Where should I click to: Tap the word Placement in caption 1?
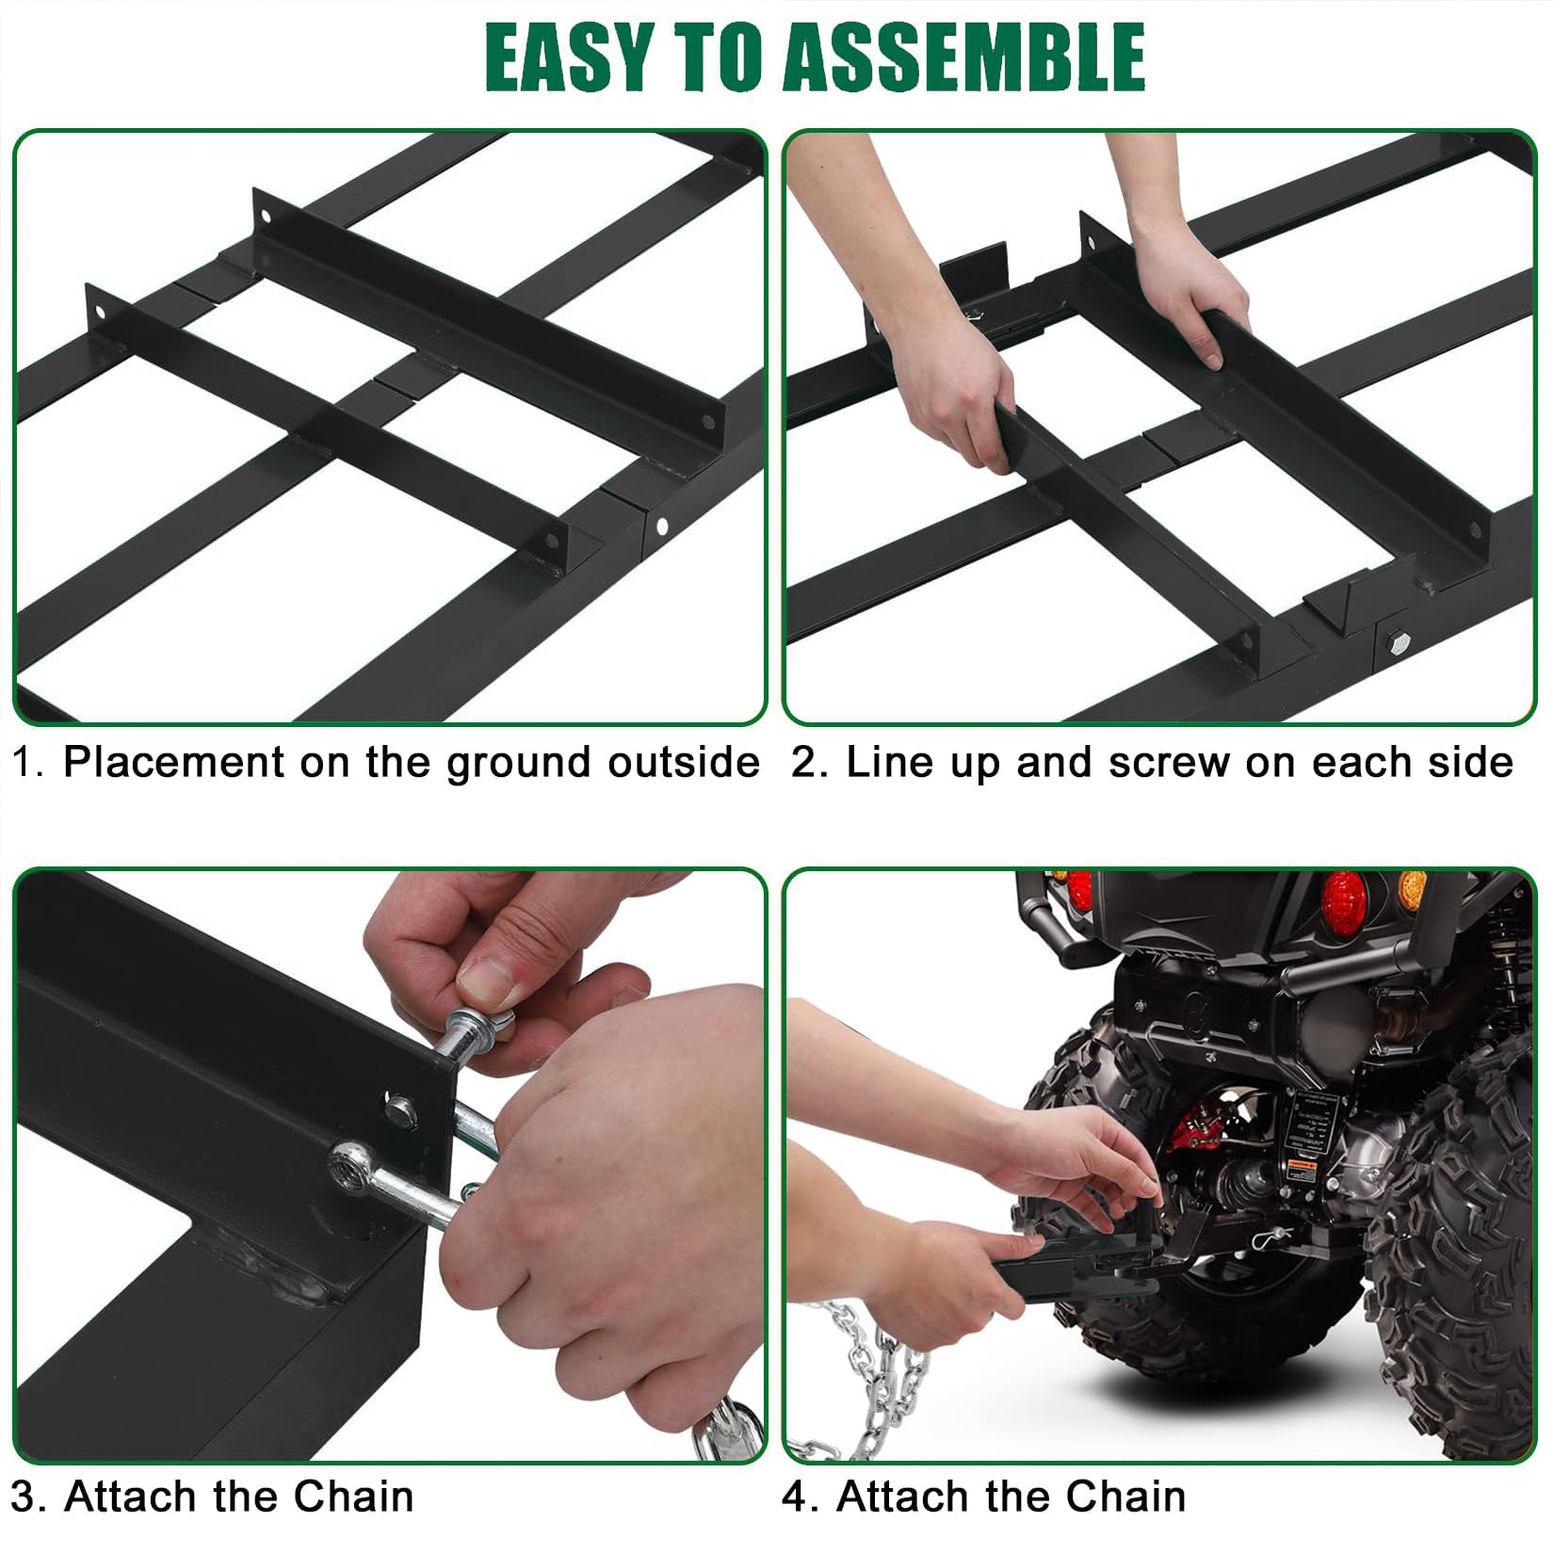click(173, 762)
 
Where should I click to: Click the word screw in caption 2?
click(1169, 762)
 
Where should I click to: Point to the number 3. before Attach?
click(30, 1497)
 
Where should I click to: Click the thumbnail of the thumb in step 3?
click(489, 981)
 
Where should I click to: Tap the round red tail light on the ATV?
click(1344, 900)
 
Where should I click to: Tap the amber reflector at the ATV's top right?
click(1412, 889)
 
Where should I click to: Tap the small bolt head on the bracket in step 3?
click(401, 1109)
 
